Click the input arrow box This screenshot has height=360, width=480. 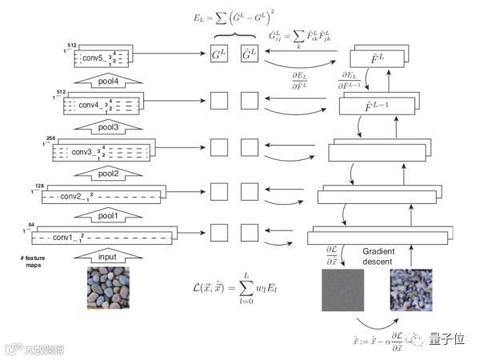pos(107,258)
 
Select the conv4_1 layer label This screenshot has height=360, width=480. pos(92,105)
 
